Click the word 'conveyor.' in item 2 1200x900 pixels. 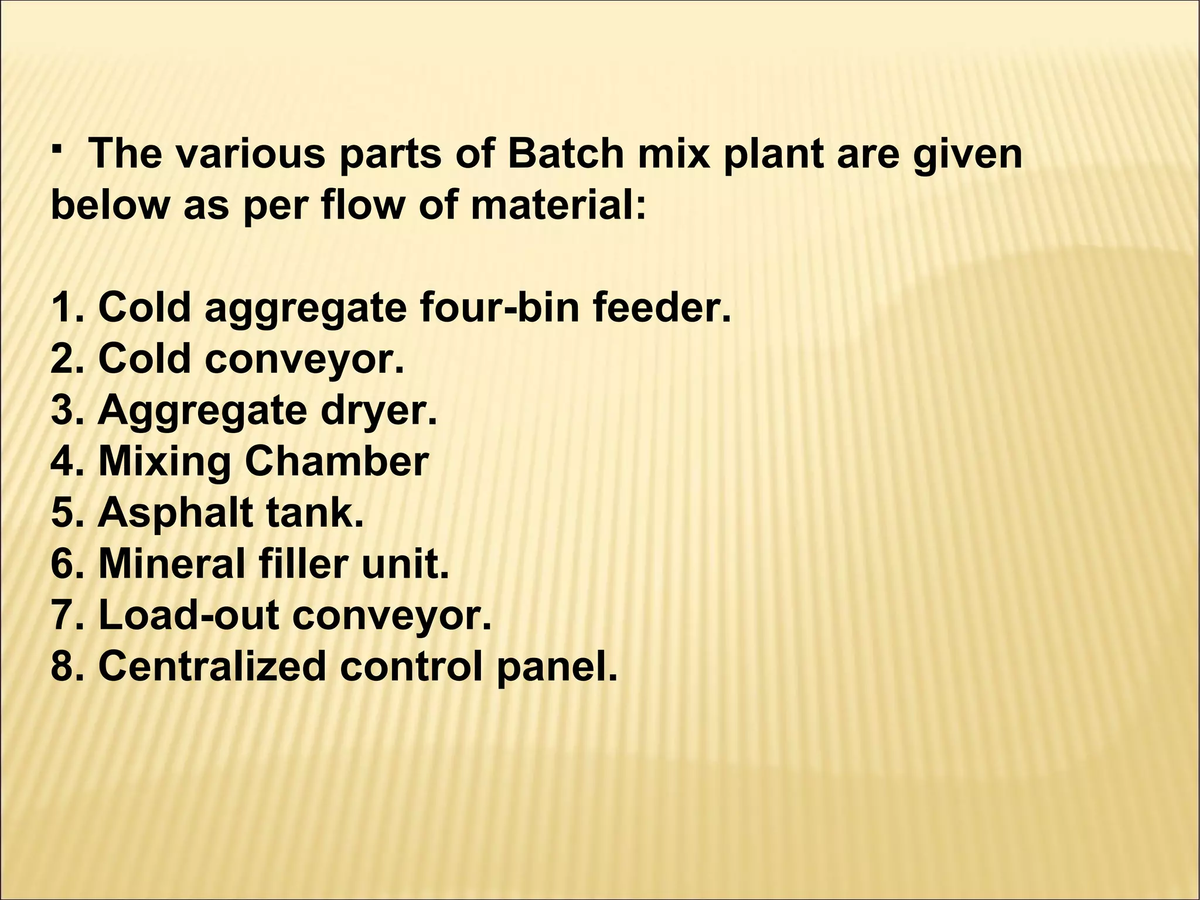(304, 359)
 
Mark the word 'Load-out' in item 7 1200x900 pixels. (188, 615)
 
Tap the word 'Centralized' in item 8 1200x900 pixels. (212, 667)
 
